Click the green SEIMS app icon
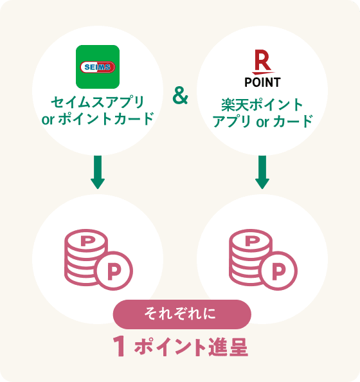(98, 67)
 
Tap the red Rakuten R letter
(262, 60)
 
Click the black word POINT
(262, 82)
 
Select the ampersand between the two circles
(180, 96)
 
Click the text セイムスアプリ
(98, 102)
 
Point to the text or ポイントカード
(98, 118)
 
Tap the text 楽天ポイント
(262, 105)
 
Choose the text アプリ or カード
(262, 122)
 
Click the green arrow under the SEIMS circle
(98, 172)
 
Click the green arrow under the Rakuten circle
(262, 172)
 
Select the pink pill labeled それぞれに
(182, 314)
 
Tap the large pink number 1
(120, 346)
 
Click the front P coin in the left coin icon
(114, 271)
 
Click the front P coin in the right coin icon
(278, 271)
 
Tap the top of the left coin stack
(86, 241)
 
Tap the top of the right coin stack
(251, 241)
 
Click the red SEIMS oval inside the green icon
(98, 67)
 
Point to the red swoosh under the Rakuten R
(264, 73)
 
